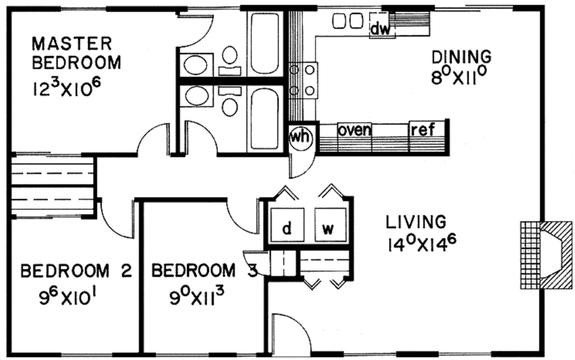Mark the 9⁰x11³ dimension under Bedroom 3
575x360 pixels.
201,297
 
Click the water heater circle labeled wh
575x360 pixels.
300,133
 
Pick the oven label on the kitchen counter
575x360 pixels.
356,130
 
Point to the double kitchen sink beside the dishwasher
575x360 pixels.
346,21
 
